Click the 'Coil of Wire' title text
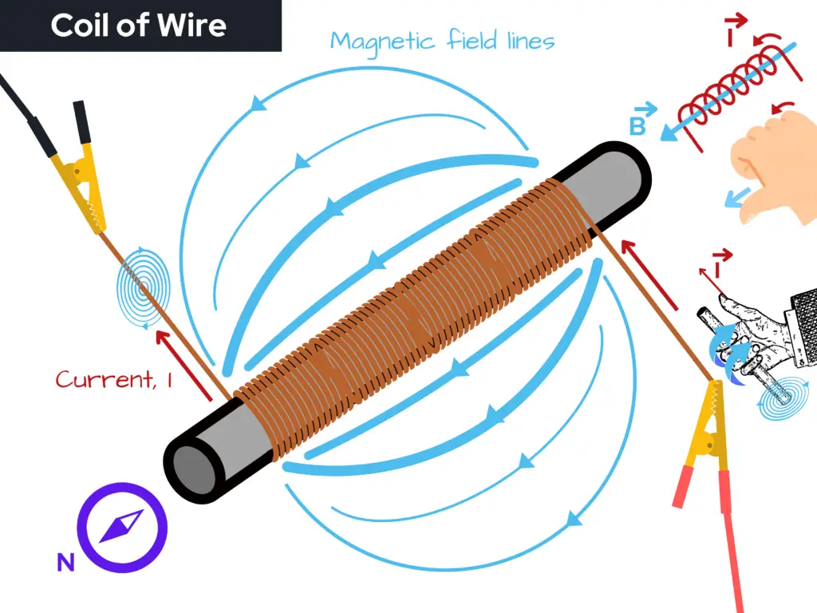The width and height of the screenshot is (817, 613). (x=139, y=26)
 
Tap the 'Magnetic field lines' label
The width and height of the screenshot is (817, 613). (x=442, y=41)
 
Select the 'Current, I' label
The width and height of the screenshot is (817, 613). (x=114, y=378)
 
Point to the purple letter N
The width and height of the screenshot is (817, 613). (x=65, y=564)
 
